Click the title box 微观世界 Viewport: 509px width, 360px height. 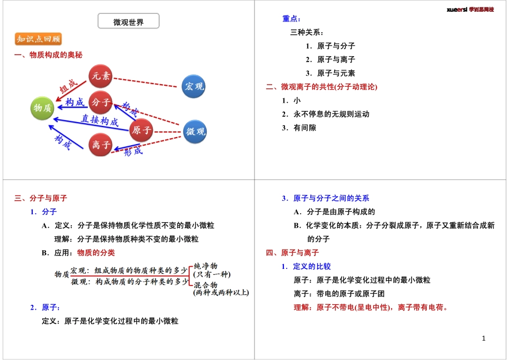tap(129, 21)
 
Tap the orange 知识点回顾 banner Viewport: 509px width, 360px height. tap(38, 39)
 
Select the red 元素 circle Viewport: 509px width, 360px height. tap(101, 76)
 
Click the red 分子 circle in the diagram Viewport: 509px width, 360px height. tap(101, 102)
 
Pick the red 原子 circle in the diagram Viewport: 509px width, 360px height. tap(141, 130)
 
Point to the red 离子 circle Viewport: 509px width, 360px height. tap(101, 145)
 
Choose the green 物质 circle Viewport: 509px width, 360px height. tap(43, 108)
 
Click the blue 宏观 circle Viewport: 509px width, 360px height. tap(193, 86)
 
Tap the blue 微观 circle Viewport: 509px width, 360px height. tap(194, 132)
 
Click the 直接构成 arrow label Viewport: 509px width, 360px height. tap(100, 120)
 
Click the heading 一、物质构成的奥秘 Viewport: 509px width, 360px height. tap(48, 55)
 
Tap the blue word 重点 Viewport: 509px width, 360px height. tap(291, 19)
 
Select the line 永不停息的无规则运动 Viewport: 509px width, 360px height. tap(331, 114)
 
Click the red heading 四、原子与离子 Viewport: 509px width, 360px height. tap(293, 252)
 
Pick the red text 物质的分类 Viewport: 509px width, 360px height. tap(96, 252)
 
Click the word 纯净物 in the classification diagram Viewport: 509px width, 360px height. tap(205, 266)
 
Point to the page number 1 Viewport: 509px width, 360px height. tap(483, 339)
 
